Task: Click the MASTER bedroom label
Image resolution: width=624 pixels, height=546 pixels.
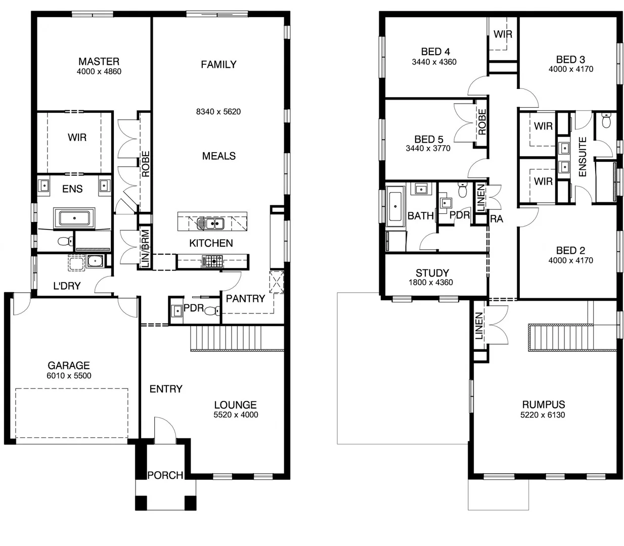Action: [x=99, y=61]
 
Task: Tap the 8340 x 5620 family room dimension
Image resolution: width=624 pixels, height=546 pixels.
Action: [x=218, y=112]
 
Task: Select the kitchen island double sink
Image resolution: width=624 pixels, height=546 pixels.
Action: [x=211, y=223]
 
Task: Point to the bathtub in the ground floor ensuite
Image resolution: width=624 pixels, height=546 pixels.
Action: [x=74, y=219]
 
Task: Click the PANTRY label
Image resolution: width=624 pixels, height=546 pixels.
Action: [x=245, y=299]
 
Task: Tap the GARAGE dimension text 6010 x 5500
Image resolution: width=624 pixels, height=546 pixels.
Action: [x=69, y=376]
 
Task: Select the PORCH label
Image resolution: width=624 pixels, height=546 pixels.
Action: [x=165, y=475]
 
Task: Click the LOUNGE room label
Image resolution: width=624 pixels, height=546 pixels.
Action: [x=235, y=404]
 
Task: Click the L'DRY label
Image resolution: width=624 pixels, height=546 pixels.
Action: [x=67, y=286]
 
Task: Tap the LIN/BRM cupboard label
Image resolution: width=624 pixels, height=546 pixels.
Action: [x=145, y=248]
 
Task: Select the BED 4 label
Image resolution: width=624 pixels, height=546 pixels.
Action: [x=435, y=52]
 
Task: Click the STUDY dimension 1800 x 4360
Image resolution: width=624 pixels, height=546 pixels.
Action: [x=431, y=283]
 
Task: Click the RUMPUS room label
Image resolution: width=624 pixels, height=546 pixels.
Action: [x=544, y=404]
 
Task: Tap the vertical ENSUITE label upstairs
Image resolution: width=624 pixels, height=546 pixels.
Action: [x=582, y=157]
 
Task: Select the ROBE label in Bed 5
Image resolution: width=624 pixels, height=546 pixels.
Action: [x=482, y=122]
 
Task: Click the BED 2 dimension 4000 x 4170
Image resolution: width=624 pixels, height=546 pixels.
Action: [x=570, y=260]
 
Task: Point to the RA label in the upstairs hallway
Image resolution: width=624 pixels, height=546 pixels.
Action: [x=497, y=219]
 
